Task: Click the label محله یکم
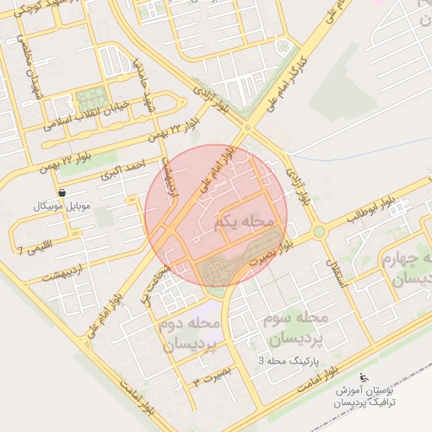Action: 246,221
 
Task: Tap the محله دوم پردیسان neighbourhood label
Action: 186,334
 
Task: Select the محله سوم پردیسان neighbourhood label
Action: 296,328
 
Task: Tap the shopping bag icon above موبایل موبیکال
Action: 62,193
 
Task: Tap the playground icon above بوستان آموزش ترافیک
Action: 364,377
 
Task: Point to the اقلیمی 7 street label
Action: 32,248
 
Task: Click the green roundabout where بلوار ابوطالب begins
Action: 318,231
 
